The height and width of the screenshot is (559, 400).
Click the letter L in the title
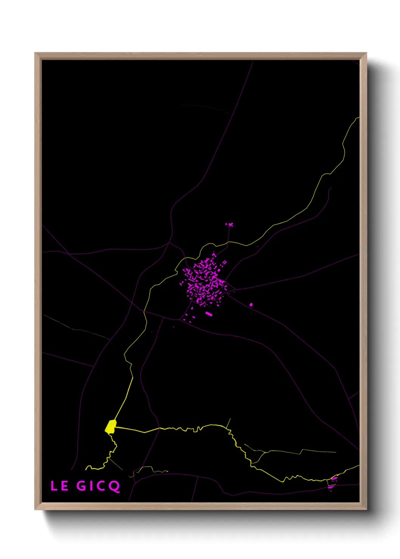coord(54,486)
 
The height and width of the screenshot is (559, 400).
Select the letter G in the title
coord(82,486)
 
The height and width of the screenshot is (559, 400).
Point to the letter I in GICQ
coord(92,486)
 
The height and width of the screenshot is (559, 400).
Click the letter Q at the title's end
coord(114,486)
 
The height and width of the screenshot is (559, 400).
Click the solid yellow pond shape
coord(110,426)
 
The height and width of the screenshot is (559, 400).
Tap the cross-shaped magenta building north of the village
coord(231,225)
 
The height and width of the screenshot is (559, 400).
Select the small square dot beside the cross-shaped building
coord(226,224)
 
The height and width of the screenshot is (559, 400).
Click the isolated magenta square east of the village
coord(251,304)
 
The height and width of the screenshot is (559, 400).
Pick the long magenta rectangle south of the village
coord(209,314)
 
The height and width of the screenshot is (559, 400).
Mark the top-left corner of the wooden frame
coord(35,53)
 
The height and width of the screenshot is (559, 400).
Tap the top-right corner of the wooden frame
coord(366,53)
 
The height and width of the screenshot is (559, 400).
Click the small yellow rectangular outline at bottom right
coord(331,482)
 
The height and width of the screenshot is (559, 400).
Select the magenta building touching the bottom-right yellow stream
coord(334,479)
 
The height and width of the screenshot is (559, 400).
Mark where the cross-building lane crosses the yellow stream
coord(228,243)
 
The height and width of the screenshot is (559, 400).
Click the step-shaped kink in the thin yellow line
coord(301,451)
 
